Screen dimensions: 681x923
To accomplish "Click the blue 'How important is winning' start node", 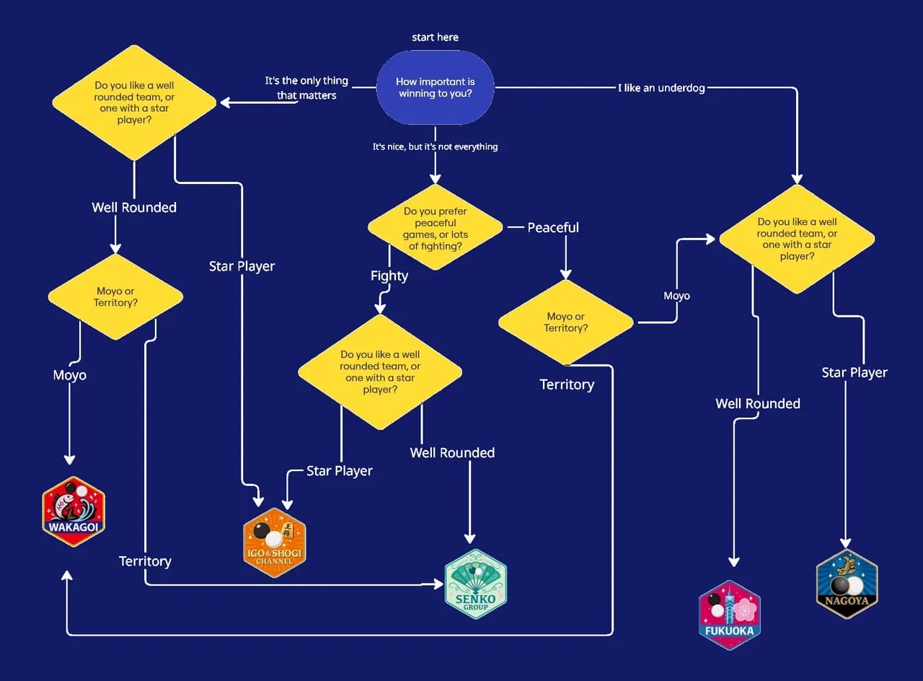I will (x=435, y=88).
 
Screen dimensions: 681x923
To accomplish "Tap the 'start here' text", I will (x=435, y=38).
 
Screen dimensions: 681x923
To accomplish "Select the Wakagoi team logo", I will (x=74, y=511).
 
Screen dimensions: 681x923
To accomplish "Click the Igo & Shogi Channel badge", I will (x=275, y=542).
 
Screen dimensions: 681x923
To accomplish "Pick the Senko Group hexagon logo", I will (x=475, y=584).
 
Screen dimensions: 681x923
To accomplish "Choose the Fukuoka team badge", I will (x=730, y=615).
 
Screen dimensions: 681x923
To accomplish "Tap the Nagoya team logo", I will (x=847, y=583).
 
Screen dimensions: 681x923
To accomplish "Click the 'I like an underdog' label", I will (x=661, y=88).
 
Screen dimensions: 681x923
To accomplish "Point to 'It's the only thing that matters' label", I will (x=306, y=88).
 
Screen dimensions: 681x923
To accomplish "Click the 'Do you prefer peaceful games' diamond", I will (x=435, y=228).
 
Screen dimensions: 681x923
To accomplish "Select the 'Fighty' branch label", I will (x=389, y=276).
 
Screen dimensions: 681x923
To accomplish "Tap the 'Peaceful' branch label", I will (x=553, y=227).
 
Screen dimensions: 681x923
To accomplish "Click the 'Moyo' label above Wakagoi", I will (x=70, y=375).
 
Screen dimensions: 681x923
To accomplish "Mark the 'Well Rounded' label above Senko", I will (x=452, y=452).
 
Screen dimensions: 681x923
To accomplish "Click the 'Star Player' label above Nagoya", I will (x=854, y=372).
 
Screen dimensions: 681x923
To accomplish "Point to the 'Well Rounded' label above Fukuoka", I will (x=758, y=403).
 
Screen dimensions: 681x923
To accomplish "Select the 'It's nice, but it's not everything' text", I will (x=435, y=146).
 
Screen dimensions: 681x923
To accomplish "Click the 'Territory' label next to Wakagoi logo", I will (x=145, y=561).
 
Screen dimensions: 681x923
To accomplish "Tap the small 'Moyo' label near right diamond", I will (x=676, y=296).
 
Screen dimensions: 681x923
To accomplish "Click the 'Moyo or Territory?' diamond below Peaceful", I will (x=565, y=322).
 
